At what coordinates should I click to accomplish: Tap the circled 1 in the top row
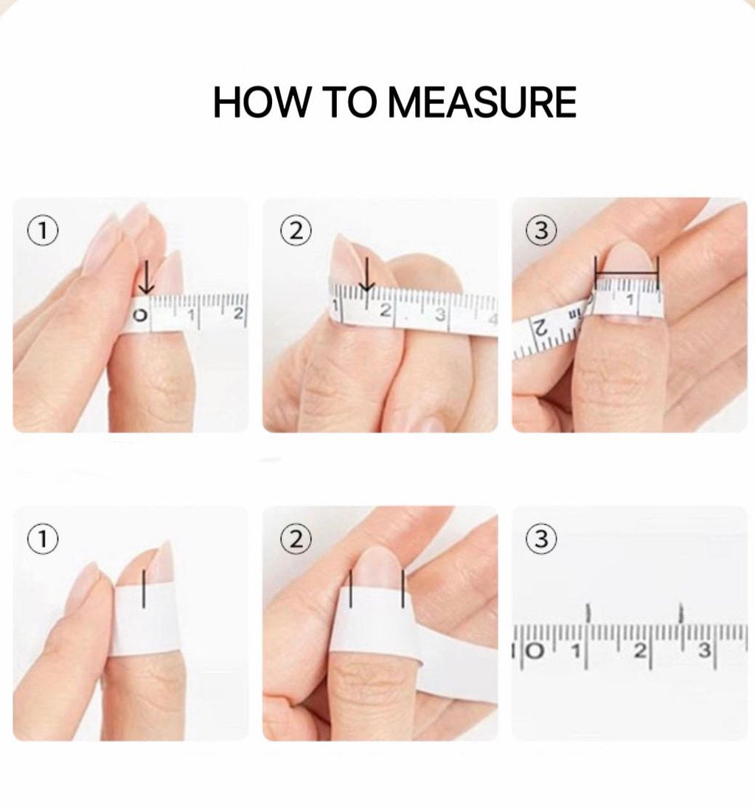43,230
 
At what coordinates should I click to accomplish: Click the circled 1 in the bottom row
43,538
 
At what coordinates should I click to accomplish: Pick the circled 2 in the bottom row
296,538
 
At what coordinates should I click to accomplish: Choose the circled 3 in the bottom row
541,538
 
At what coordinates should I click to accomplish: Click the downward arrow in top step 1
147,277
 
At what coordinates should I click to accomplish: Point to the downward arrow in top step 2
367,274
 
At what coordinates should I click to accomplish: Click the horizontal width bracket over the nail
627,273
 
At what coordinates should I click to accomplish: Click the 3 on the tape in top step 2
440,313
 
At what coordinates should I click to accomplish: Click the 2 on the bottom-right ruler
639,651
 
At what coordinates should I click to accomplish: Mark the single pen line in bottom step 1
144,588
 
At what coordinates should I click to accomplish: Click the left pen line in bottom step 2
351,589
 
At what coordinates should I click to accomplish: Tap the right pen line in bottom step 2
403,588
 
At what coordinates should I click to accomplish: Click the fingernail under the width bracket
627,267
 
